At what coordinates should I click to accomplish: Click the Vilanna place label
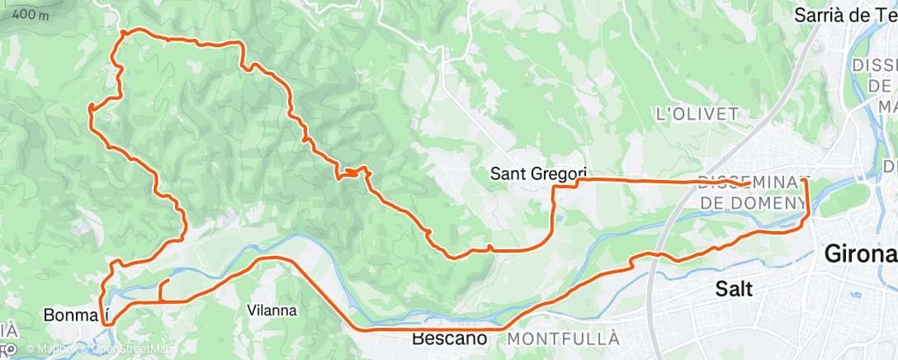click(x=272, y=310)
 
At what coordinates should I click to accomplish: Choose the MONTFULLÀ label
click(x=564, y=339)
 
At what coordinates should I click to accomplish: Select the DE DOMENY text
click(x=752, y=202)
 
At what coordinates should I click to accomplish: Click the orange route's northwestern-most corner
click(x=122, y=31)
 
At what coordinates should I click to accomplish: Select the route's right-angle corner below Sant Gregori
click(x=553, y=188)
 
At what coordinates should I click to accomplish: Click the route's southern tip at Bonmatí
click(x=108, y=324)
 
